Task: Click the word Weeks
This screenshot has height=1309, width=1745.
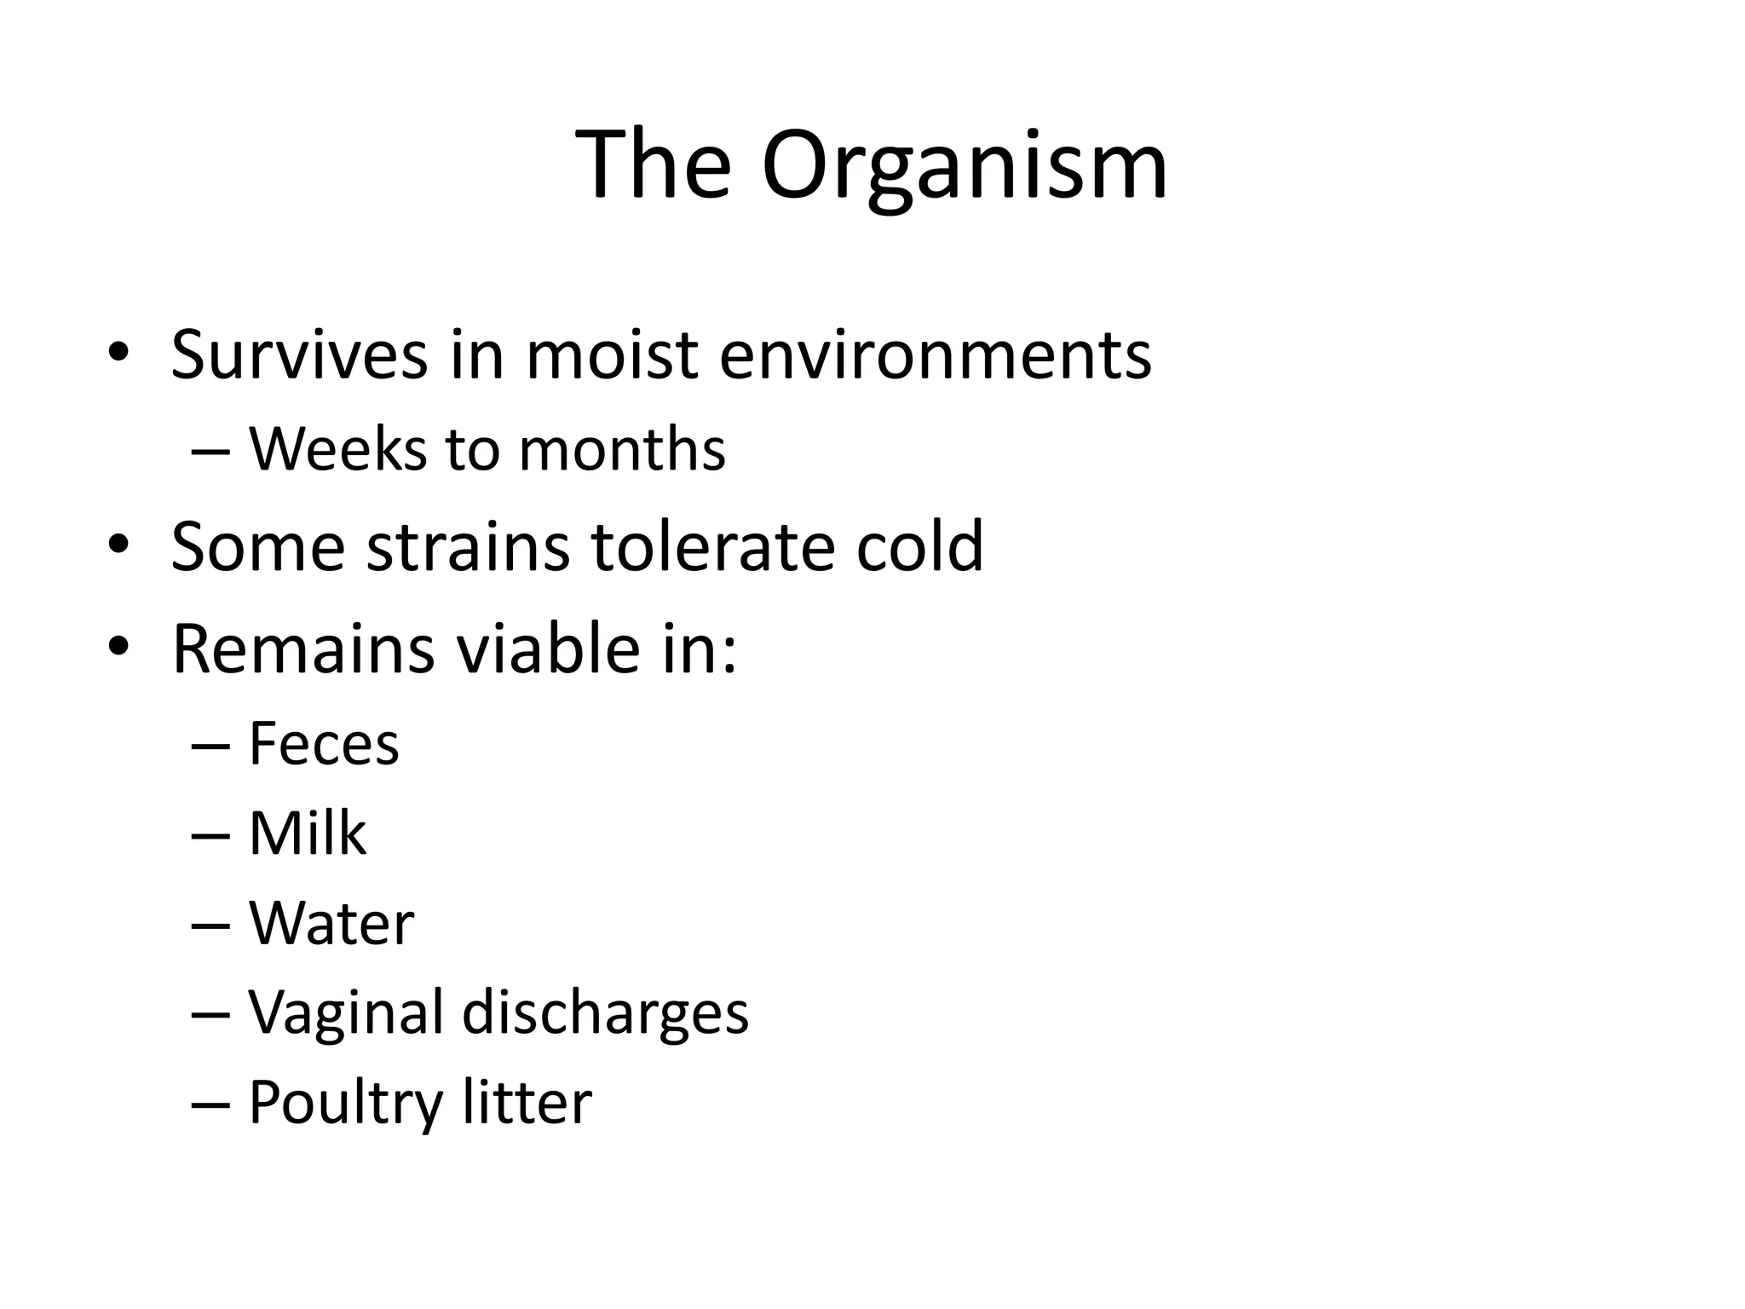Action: tap(337, 448)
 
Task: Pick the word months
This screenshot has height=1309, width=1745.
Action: tap(622, 449)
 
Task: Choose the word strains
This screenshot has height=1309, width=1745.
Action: tap(468, 545)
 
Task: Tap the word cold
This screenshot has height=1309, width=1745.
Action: tap(919, 545)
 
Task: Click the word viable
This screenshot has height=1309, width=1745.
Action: tap(546, 649)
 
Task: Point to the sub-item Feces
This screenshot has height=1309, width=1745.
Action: tap(323, 743)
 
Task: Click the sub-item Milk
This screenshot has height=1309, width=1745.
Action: tap(307, 833)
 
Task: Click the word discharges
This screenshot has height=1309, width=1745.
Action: tap(605, 1012)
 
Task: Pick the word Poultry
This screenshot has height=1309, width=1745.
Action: tap(345, 1104)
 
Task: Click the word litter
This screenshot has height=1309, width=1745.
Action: tap(527, 1102)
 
